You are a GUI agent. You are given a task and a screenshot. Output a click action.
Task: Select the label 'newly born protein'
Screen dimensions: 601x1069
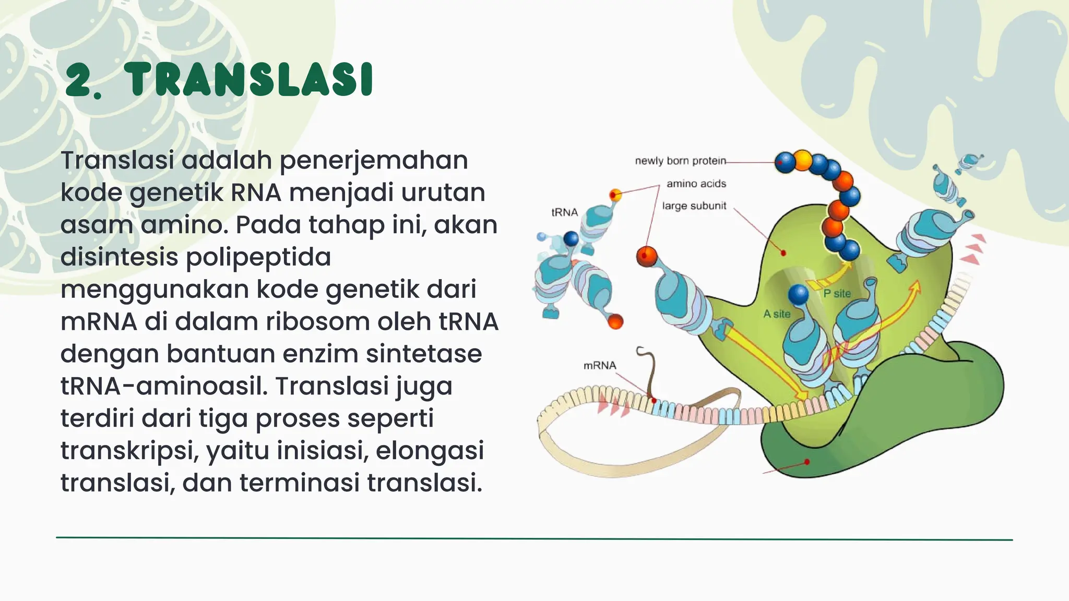(680, 161)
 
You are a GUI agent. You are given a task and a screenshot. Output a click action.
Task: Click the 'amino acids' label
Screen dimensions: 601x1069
(696, 184)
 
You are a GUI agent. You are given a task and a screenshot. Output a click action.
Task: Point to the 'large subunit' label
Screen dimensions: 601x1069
(694, 206)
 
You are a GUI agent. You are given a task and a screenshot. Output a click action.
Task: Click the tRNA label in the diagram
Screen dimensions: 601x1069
(564, 212)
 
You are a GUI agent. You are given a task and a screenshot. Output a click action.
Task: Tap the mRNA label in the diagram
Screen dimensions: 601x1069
(600, 365)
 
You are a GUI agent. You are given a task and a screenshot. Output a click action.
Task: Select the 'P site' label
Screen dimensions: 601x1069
(837, 294)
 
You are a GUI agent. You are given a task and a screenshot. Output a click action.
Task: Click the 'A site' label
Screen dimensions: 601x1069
(777, 314)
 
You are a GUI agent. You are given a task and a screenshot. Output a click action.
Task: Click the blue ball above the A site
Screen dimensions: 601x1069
(798, 295)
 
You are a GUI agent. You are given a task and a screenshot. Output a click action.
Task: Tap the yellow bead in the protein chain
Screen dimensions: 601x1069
(803, 160)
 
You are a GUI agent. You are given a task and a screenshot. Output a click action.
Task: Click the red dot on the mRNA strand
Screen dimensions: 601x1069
(654, 400)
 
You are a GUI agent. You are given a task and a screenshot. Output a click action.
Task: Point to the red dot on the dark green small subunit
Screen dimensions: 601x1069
(807, 462)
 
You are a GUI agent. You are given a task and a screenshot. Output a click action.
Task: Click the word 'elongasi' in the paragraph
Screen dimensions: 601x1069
(430, 451)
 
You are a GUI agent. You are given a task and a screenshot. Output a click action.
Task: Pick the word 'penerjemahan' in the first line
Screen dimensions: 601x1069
(374, 160)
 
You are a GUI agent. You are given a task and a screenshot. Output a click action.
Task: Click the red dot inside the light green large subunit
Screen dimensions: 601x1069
(783, 253)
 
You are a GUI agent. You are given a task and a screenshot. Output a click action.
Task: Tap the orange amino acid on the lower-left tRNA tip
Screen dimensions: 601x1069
(615, 321)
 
